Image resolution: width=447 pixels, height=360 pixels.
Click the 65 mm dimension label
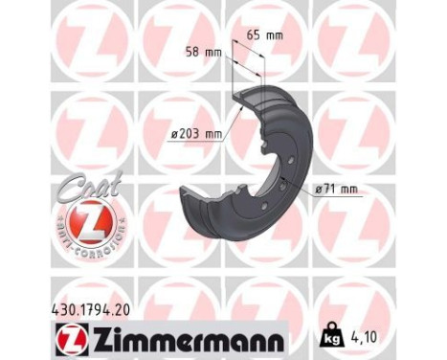264,36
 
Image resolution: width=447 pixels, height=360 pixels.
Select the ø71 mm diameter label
335,189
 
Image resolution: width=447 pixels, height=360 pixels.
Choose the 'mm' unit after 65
275,36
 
